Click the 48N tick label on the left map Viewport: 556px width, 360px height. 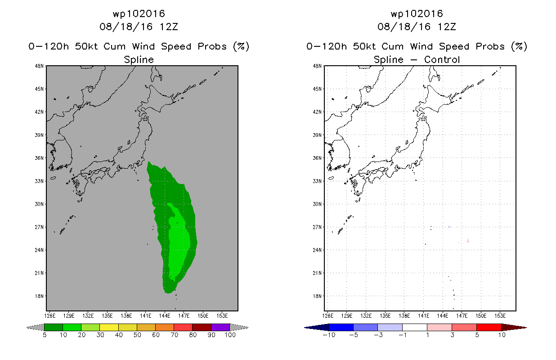(39, 66)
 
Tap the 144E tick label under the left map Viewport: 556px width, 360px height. (165, 316)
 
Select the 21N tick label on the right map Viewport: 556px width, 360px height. (317, 273)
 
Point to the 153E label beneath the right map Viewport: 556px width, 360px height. (500, 316)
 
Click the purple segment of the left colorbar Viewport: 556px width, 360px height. (220, 327)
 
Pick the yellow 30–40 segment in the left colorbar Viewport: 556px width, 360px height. (109, 327)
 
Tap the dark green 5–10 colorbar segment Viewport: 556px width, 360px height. (54, 327)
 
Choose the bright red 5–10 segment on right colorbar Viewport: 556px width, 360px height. (489, 327)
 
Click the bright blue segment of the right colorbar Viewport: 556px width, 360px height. (341, 327)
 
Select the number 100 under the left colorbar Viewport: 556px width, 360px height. (230, 335)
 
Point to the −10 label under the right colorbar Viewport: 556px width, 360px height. (329, 335)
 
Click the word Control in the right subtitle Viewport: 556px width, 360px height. (442, 59)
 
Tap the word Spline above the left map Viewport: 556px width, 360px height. (139, 60)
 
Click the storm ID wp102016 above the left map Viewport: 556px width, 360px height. (139, 13)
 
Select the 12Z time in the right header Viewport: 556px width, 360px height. (447, 27)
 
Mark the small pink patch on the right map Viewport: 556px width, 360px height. (468, 240)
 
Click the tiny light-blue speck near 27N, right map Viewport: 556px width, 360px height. (449, 227)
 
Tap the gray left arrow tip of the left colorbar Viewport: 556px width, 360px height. (27, 328)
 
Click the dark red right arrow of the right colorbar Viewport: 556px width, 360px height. (514, 328)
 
